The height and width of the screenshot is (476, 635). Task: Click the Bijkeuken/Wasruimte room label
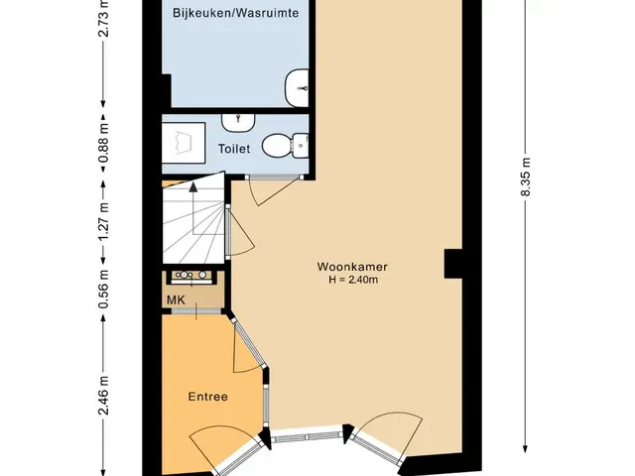tap(236, 13)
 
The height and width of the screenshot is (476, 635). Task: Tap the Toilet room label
tap(234, 149)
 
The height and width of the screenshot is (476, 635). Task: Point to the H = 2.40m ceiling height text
tap(353, 280)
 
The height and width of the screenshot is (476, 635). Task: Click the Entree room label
tap(207, 397)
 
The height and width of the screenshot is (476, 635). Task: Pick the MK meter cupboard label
tap(176, 299)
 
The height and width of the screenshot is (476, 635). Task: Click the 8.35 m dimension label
tap(525, 177)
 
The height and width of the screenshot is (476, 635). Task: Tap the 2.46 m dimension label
tap(103, 396)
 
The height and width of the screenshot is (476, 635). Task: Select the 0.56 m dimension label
tap(103, 289)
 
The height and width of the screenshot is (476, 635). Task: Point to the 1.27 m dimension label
tap(103, 221)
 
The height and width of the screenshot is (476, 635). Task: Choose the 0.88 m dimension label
tap(103, 143)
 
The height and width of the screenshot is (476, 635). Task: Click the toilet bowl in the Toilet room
tap(285, 146)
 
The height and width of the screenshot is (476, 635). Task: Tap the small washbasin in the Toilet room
tap(238, 123)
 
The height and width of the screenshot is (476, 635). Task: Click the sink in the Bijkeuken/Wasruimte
tap(297, 88)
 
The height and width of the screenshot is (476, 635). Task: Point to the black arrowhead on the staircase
tap(193, 187)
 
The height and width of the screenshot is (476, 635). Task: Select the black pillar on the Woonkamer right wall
tap(453, 264)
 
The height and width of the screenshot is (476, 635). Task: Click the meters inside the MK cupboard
tap(191, 276)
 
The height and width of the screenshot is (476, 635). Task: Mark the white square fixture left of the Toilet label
tap(183, 143)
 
